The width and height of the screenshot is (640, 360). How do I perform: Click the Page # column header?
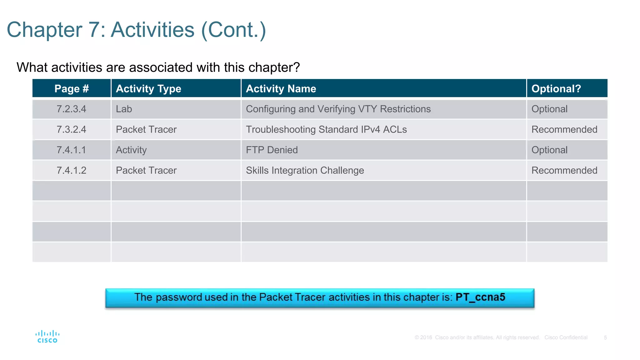point(72,89)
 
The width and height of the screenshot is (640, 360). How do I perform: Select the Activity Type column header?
point(148,89)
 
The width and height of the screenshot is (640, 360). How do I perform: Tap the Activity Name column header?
point(281,89)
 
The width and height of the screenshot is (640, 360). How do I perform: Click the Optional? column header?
point(556,89)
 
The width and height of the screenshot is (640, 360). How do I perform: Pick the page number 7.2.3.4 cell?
point(71,109)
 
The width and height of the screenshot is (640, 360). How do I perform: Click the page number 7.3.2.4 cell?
point(71,129)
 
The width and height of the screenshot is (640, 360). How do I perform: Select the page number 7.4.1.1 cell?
point(71,150)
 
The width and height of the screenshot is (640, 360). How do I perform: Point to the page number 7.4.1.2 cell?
point(71,170)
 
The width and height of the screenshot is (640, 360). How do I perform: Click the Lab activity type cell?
point(124,109)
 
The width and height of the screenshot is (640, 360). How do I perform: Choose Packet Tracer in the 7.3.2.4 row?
point(146,129)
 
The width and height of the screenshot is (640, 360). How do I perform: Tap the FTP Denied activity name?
point(272,150)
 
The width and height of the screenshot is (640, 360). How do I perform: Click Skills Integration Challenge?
point(305,170)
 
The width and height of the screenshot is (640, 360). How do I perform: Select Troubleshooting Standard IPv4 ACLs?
point(326,129)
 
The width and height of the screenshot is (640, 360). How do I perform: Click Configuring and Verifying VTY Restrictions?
point(338,109)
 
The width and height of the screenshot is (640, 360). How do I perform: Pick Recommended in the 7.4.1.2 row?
point(564,170)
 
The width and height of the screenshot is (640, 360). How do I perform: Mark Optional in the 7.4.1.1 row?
point(549,150)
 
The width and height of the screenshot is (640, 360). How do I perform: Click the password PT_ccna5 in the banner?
point(480,297)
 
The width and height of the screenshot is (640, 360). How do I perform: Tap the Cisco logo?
point(47,337)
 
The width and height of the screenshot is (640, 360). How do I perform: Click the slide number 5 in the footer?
point(605,337)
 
